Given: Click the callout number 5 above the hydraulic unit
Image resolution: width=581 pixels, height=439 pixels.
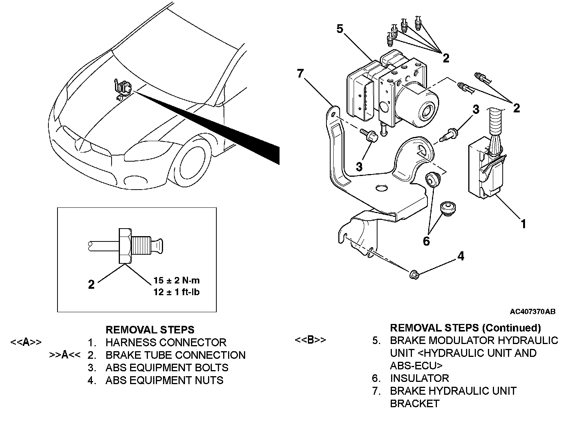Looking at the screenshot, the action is [x=340, y=29].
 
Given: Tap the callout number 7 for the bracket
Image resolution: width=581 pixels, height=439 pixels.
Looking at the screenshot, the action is [x=300, y=73].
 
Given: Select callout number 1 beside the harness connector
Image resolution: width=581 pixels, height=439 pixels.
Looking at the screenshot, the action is [x=523, y=224].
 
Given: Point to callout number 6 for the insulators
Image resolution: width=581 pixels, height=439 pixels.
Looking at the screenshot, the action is [x=426, y=241].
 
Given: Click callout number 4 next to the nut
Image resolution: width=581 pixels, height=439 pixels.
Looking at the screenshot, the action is [x=461, y=256].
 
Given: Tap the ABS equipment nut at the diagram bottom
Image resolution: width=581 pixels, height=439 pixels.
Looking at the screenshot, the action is [x=414, y=274].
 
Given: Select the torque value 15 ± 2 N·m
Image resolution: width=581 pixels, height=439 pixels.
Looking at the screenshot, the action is [x=177, y=280].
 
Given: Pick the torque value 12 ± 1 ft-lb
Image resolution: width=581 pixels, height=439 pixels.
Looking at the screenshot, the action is [x=177, y=292].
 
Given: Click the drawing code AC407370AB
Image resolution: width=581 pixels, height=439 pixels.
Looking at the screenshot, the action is [x=533, y=311].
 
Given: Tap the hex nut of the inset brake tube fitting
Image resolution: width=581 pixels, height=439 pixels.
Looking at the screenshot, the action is [x=125, y=246].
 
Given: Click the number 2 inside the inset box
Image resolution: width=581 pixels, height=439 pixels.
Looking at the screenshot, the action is [x=91, y=284].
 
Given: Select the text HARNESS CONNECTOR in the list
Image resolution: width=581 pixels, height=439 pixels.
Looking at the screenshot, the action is [x=166, y=342].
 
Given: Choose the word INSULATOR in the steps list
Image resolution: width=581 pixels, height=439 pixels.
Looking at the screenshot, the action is [x=419, y=378].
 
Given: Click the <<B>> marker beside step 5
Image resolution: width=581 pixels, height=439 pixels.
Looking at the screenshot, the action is [x=310, y=339].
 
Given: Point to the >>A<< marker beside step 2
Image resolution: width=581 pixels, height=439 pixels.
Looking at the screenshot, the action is [x=65, y=355].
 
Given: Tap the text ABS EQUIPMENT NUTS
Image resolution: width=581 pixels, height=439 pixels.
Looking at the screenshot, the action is [x=165, y=380].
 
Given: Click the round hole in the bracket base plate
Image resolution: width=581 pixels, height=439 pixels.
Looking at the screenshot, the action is [x=382, y=188].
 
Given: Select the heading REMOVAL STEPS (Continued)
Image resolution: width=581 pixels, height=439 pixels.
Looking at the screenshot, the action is [x=465, y=328].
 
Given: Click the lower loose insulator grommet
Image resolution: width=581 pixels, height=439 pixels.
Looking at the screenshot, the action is [x=448, y=209].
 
